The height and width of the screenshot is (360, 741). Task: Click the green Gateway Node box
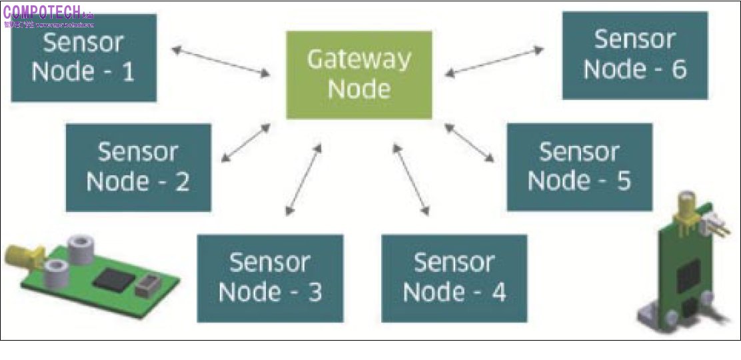coord(359,75)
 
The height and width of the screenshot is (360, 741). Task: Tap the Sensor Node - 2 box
coord(139,167)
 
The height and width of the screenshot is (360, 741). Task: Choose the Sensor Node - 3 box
coord(270,277)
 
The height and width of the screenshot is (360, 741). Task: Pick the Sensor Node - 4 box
coord(454,277)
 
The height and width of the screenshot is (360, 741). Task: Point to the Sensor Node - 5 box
coord(579,167)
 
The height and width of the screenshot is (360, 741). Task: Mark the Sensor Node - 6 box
coord(634,55)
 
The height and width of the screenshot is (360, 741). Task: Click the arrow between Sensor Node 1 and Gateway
coord(221,61)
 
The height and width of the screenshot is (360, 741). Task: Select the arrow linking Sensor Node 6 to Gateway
coord(494,61)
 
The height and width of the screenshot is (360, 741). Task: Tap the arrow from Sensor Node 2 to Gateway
coord(245,143)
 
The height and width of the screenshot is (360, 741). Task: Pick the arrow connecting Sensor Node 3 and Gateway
coord(303,179)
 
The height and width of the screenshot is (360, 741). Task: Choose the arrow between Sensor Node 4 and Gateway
coord(411,179)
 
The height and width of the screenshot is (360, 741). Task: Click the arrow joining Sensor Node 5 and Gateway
coord(470,142)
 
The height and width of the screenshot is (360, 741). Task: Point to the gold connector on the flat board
coord(23,254)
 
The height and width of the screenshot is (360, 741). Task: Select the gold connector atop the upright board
coord(684,208)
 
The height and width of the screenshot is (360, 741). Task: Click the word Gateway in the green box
coord(359,61)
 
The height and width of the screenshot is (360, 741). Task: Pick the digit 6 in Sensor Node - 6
coord(678,70)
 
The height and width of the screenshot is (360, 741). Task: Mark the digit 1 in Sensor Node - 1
coord(127,72)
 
